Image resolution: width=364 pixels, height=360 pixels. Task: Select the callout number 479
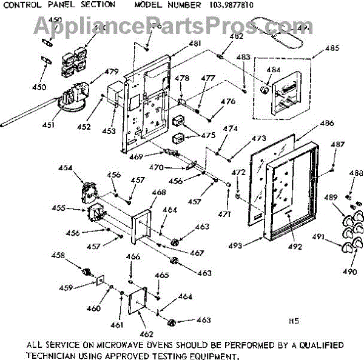pos(111,72)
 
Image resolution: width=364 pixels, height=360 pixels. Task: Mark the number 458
pos(58,256)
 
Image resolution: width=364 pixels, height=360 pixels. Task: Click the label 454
pos(65,167)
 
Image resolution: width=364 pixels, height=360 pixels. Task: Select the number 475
pos(209,135)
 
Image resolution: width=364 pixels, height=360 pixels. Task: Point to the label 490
pos(349,272)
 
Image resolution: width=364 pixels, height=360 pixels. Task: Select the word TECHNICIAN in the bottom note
pos(55,355)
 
